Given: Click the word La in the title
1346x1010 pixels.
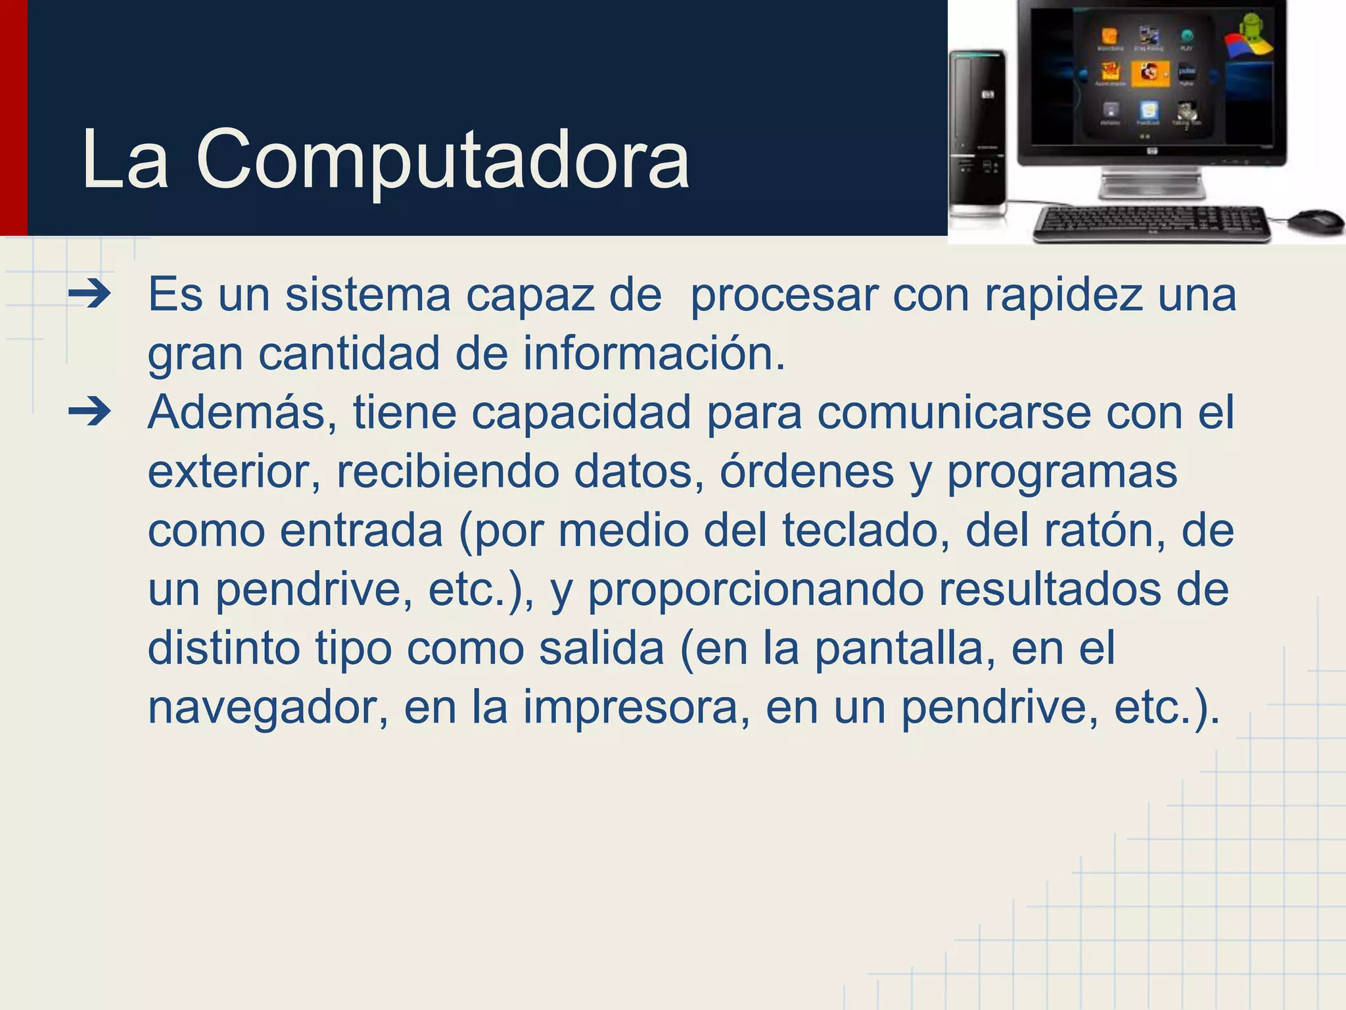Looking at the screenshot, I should (125, 160).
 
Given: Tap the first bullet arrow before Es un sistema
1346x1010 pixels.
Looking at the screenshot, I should (90, 295).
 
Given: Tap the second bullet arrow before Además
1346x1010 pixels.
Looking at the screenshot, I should (90, 413).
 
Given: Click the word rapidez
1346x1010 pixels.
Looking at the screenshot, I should (1063, 295).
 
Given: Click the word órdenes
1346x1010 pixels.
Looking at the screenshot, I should (807, 471).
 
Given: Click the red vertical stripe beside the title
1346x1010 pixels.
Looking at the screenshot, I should (13, 118).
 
